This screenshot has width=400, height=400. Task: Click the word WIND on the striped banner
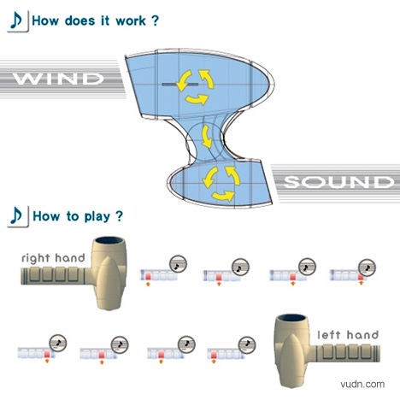tap(59, 79)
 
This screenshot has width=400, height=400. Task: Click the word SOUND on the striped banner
tap(339, 182)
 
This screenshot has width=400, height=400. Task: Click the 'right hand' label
tap(53, 258)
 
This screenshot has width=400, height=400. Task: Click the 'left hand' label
tap(348, 334)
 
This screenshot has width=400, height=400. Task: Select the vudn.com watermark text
tap(362, 384)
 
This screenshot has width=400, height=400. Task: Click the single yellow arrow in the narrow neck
tap(207, 137)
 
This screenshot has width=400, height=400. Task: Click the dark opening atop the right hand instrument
tap(109, 240)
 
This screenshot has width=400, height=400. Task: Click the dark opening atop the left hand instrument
tap(291, 318)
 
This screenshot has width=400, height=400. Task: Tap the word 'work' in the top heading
tap(131, 21)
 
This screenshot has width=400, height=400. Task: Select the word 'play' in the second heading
tap(97, 217)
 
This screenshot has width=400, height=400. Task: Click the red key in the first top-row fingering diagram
tap(148, 276)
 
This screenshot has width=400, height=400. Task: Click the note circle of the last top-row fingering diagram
tap(367, 268)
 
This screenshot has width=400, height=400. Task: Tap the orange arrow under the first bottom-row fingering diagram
tap(47, 362)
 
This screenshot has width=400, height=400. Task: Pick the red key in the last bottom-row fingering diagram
tap(214, 355)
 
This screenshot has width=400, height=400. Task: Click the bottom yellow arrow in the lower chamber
tap(223, 197)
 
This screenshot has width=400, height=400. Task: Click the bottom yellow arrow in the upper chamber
tap(197, 99)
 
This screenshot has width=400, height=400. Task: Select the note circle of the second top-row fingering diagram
tap(240, 268)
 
